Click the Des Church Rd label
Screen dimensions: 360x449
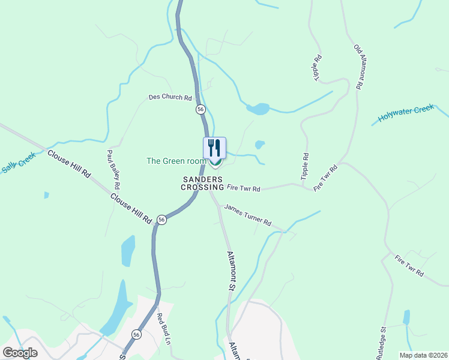pyautogui.click(x=170, y=97)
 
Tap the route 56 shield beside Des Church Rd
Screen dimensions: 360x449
pyautogui.click(x=200, y=109)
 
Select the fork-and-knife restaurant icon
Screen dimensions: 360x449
pyautogui.click(x=214, y=147)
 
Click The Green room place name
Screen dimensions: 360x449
pyautogui.click(x=176, y=161)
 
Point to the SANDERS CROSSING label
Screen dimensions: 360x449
pyautogui.click(x=203, y=183)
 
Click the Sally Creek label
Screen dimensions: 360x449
pyautogui.click(x=19, y=163)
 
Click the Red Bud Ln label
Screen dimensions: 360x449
pyautogui.click(x=164, y=329)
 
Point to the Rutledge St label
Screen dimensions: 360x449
pyautogui.click(x=382, y=343)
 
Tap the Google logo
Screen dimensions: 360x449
pyautogui.click(x=20, y=352)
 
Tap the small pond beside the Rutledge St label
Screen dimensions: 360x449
pyautogui.click(x=407, y=317)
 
